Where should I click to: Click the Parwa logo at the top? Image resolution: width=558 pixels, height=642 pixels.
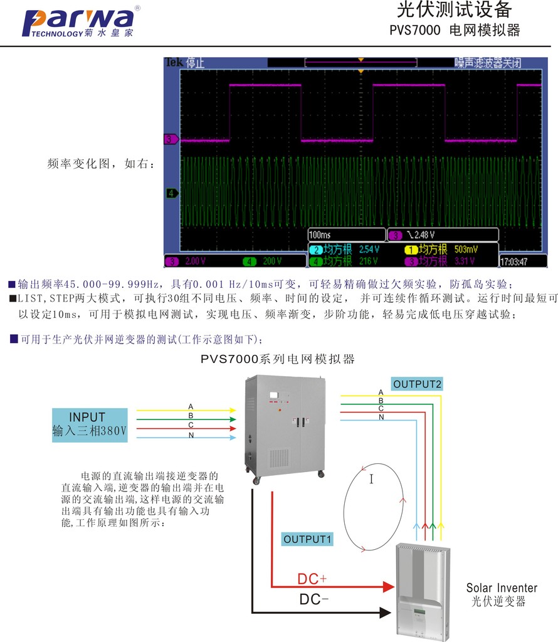coord(78,24)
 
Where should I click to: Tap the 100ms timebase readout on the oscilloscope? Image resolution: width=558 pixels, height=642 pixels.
coord(320,235)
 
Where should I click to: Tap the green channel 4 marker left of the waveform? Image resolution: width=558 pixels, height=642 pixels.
coord(171,193)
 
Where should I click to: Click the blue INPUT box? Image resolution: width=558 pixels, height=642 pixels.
coord(90,424)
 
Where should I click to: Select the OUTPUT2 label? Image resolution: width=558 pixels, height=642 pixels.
coord(418,384)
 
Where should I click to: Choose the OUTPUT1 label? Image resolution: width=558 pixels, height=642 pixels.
coord(308,539)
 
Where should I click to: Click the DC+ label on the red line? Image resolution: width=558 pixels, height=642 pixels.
coord(312,579)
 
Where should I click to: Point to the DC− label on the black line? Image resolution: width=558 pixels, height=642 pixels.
coord(314,599)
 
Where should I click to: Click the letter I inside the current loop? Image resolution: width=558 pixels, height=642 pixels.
coord(371,480)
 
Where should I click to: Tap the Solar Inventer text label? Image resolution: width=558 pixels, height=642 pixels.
coord(501,588)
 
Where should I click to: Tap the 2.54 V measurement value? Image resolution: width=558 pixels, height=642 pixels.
coord(369,250)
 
